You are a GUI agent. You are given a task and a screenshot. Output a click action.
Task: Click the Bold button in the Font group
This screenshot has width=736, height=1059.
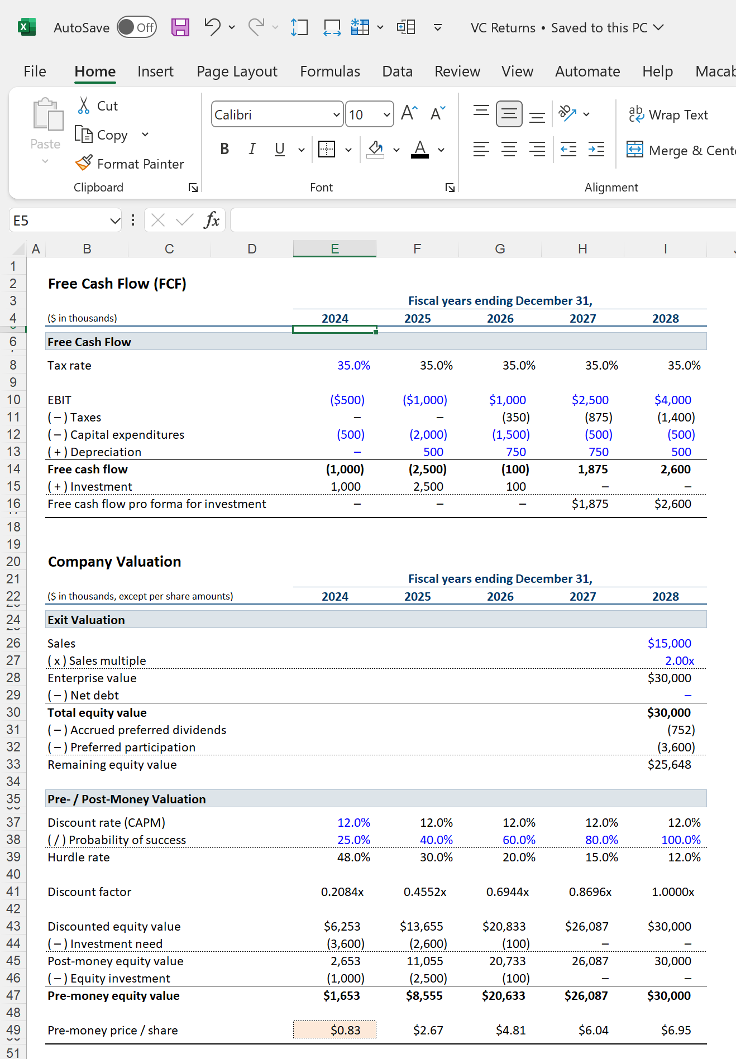pyautogui.click(x=224, y=149)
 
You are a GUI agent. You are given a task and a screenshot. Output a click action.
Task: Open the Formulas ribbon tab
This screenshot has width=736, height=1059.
pyautogui.click(x=329, y=71)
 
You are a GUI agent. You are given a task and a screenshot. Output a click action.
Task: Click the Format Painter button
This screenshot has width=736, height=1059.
pyautogui.click(x=130, y=164)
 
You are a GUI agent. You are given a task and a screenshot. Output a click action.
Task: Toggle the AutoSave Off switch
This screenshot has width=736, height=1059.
pyautogui.click(x=137, y=27)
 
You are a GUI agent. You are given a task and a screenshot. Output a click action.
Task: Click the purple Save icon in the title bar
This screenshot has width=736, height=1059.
pyautogui.click(x=180, y=27)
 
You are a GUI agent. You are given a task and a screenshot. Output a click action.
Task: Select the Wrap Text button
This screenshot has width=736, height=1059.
pyautogui.click(x=668, y=115)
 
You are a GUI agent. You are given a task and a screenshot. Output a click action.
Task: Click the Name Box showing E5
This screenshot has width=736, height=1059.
pyautogui.click(x=59, y=221)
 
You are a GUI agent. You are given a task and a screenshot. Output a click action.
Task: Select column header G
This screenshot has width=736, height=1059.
pyautogui.click(x=500, y=249)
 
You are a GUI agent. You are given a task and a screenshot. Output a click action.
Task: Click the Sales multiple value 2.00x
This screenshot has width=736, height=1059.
pyautogui.click(x=679, y=660)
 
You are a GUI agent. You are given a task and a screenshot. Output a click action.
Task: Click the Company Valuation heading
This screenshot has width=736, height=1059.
pyautogui.click(x=114, y=562)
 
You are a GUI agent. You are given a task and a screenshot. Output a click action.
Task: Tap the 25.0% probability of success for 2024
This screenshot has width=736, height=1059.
pyautogui.click(x=353, y=840)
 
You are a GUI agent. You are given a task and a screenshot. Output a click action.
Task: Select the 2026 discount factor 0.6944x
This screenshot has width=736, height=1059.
pyautogui.click(x=507, y=892)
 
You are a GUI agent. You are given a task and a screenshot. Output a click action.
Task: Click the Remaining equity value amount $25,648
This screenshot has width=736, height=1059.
pyautogui.click(x=669, y=764)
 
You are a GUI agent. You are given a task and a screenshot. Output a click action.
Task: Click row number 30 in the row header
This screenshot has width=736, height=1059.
pyautogui.click(x=13, y=712)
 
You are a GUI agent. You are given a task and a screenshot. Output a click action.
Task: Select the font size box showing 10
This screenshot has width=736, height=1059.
pyautogui.click(x=363, y=115)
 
